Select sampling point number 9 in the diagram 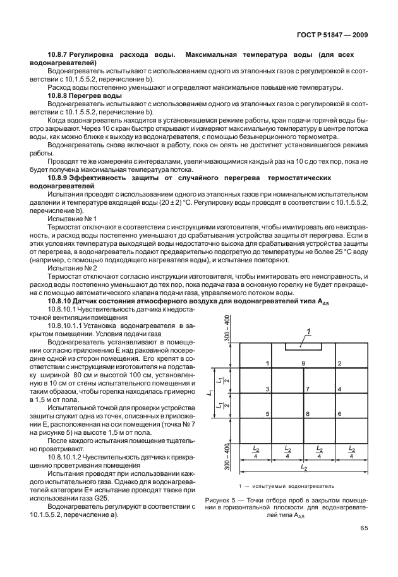click(x=304, y=363)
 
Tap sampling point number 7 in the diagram click(x=307, y=389)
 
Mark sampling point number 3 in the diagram click(x=268, y=389)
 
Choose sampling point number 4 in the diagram click(x=340, y=389)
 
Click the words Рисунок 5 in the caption click(x=222, y=500)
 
